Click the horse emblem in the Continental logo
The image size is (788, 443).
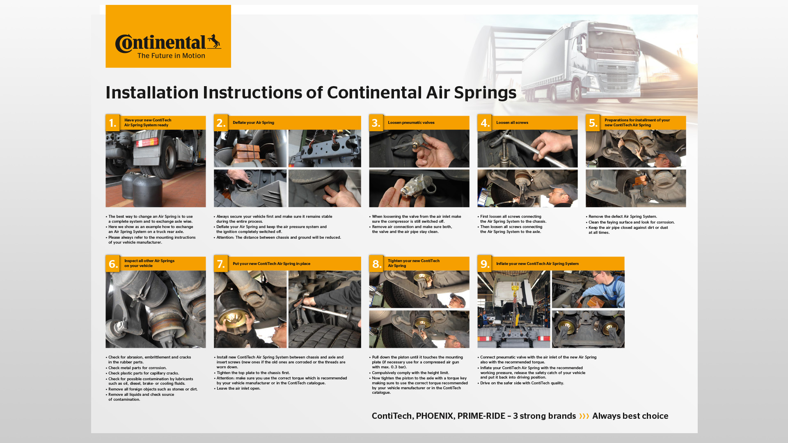(214, 41)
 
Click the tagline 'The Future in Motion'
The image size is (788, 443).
(171, 56)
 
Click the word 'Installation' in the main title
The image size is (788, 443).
(152, 93)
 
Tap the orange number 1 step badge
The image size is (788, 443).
(112, 123)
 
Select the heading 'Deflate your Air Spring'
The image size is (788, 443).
(253, 123)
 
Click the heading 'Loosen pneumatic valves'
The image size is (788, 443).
(411, 123)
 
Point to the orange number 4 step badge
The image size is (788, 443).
(485, 123)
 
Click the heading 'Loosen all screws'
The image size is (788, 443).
(512, 123)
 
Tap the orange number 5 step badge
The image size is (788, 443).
(593, 123)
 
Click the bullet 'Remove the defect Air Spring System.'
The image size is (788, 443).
(622, 217)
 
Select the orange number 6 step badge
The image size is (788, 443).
(112, 264)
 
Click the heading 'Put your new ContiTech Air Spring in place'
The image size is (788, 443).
(271, 264)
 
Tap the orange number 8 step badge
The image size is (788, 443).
(376, 264)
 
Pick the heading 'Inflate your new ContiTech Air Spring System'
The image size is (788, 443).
(537, 264)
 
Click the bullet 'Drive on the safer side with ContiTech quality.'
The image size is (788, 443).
(522, 383)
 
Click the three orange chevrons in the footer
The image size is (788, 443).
(584, 416)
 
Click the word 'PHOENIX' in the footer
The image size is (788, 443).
(435, 416)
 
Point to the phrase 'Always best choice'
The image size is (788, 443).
(630, 416)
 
